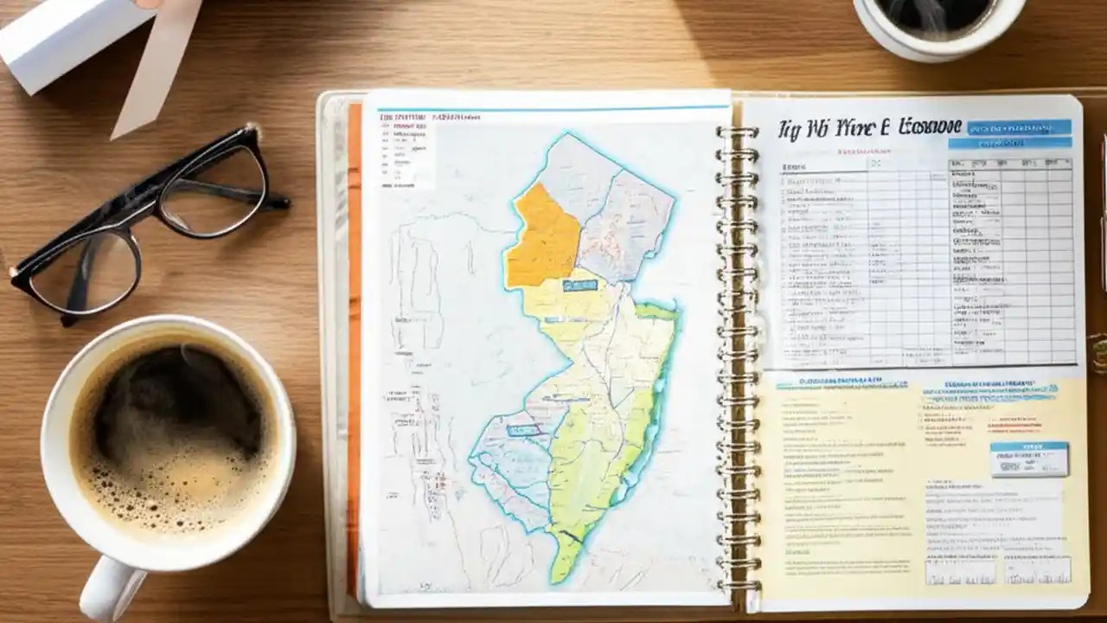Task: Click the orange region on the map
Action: pos(541,238)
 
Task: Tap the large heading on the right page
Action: pos(869,129)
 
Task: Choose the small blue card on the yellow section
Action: pos(1028,458)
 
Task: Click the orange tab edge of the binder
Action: pos(354,346)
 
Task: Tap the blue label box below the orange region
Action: pos(579,285)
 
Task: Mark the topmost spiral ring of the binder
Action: pos(737,132)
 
